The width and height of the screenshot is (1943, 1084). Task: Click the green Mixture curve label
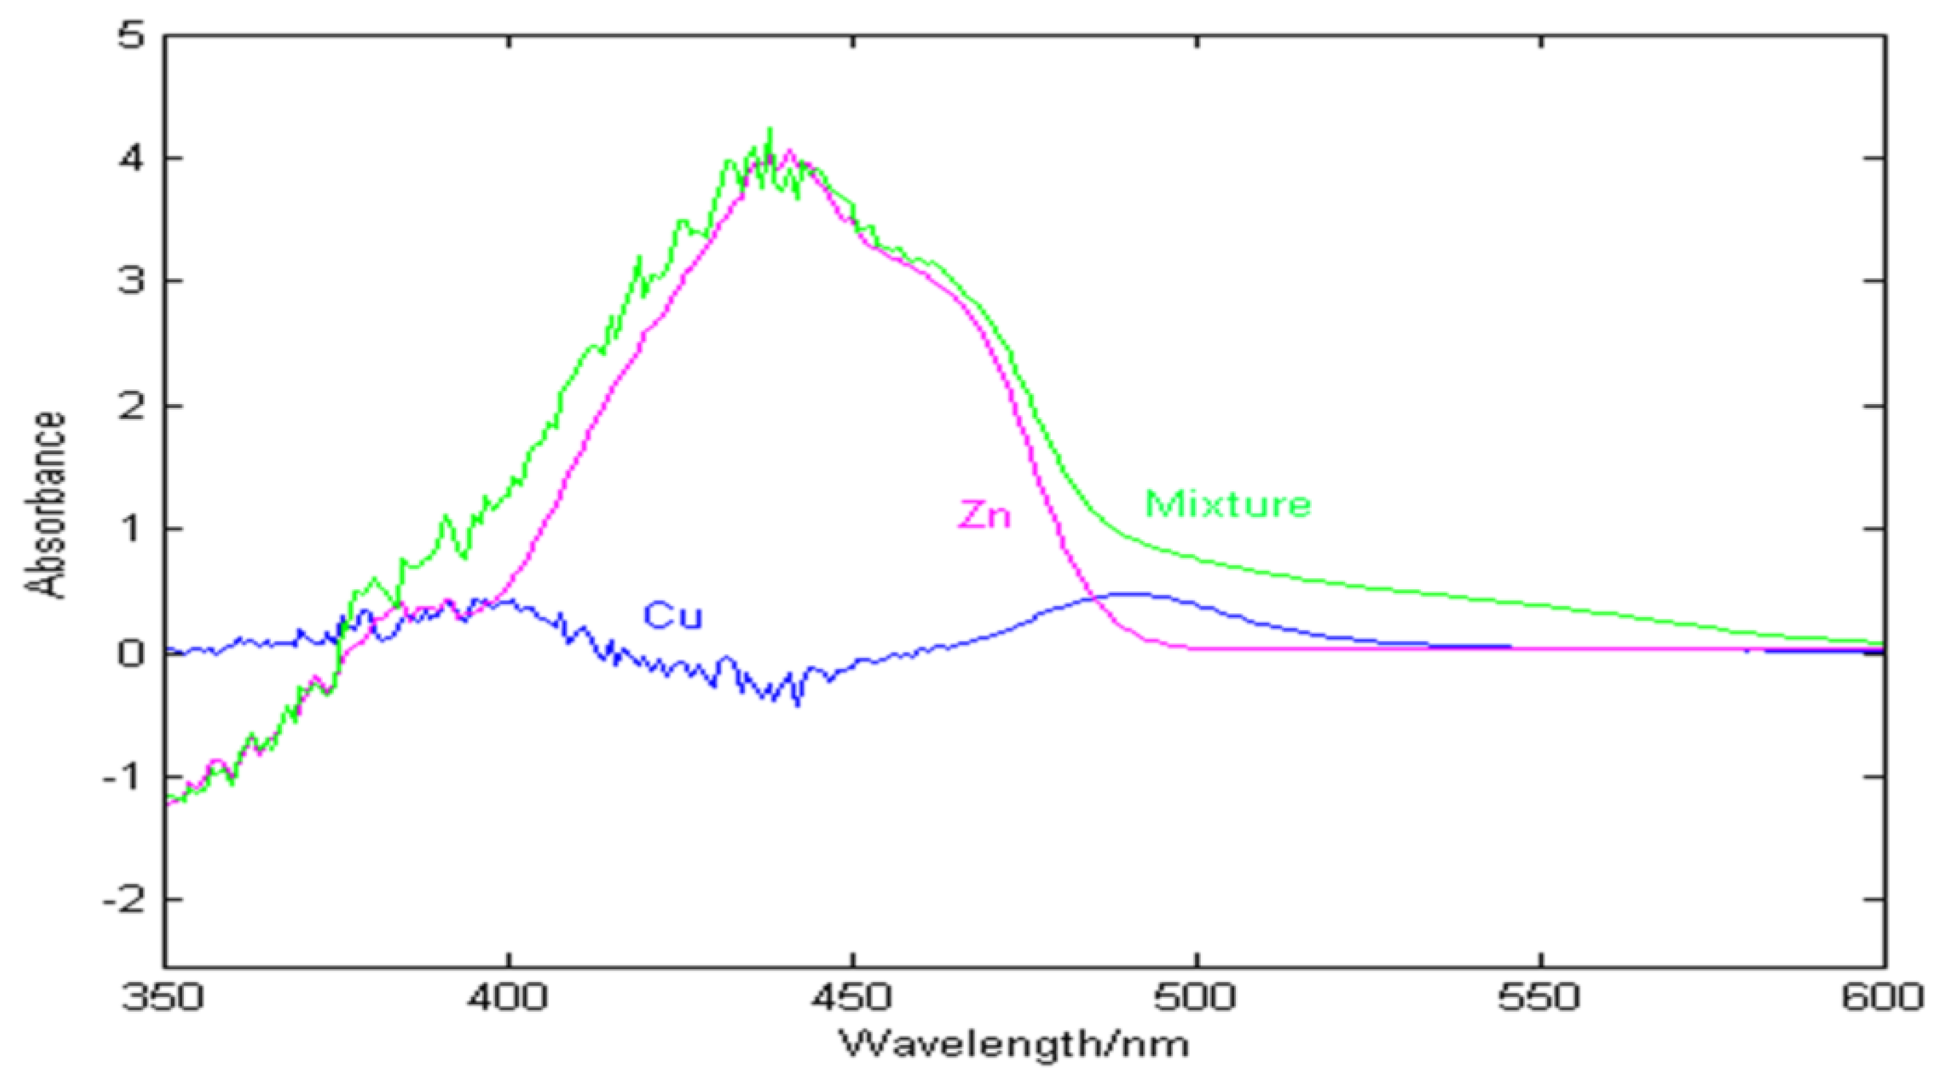[x=1228, y=505]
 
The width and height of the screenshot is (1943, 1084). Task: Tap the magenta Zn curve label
[x=984, y=515]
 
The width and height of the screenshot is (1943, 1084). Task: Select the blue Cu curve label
[x=672, y=616]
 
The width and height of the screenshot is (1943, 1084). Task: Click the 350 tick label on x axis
[x=163, y=997]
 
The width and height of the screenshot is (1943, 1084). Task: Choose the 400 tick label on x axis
[x=508, y=997]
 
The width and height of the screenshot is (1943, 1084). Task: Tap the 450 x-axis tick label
[x=852, y=997]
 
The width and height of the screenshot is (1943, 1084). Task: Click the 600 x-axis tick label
[x=1883, y=997]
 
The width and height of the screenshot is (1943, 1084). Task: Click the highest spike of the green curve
[x=770, y=130]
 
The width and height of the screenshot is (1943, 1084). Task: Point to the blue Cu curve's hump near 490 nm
[x=1132, y=594]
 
